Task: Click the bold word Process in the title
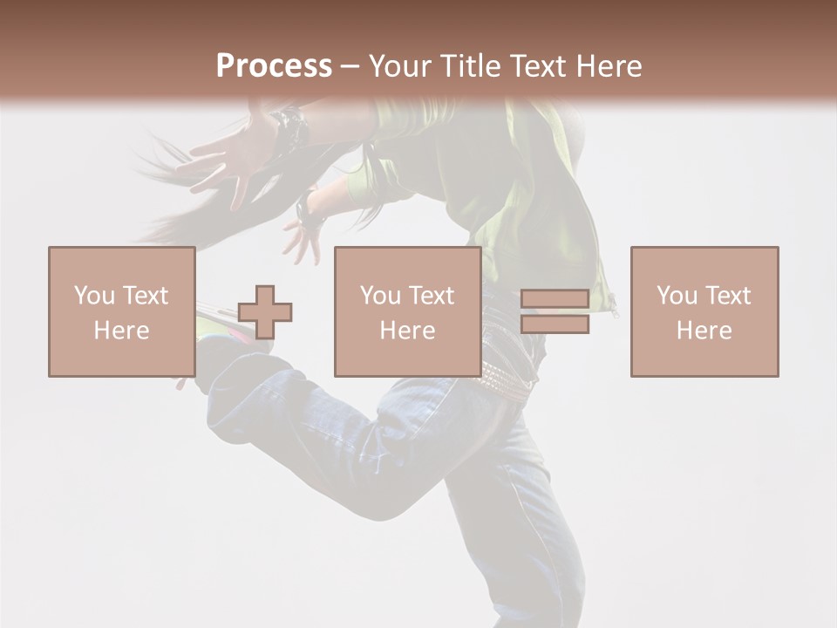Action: [x=274, y=65]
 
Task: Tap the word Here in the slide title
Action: [x=607, y=65]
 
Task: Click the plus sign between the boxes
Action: [x=265, y=312]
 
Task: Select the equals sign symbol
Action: [x=555, y=311]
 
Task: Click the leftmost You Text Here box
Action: [x=122, y=311]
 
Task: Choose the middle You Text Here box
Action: [x=407, y=311]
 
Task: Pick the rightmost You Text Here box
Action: [x=704, y=311]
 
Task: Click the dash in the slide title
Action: [x=350, y=65]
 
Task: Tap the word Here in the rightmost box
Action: [x=704, y=330]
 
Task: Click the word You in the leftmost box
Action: [x=92, y=295]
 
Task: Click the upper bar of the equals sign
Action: [x=555, y=299]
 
